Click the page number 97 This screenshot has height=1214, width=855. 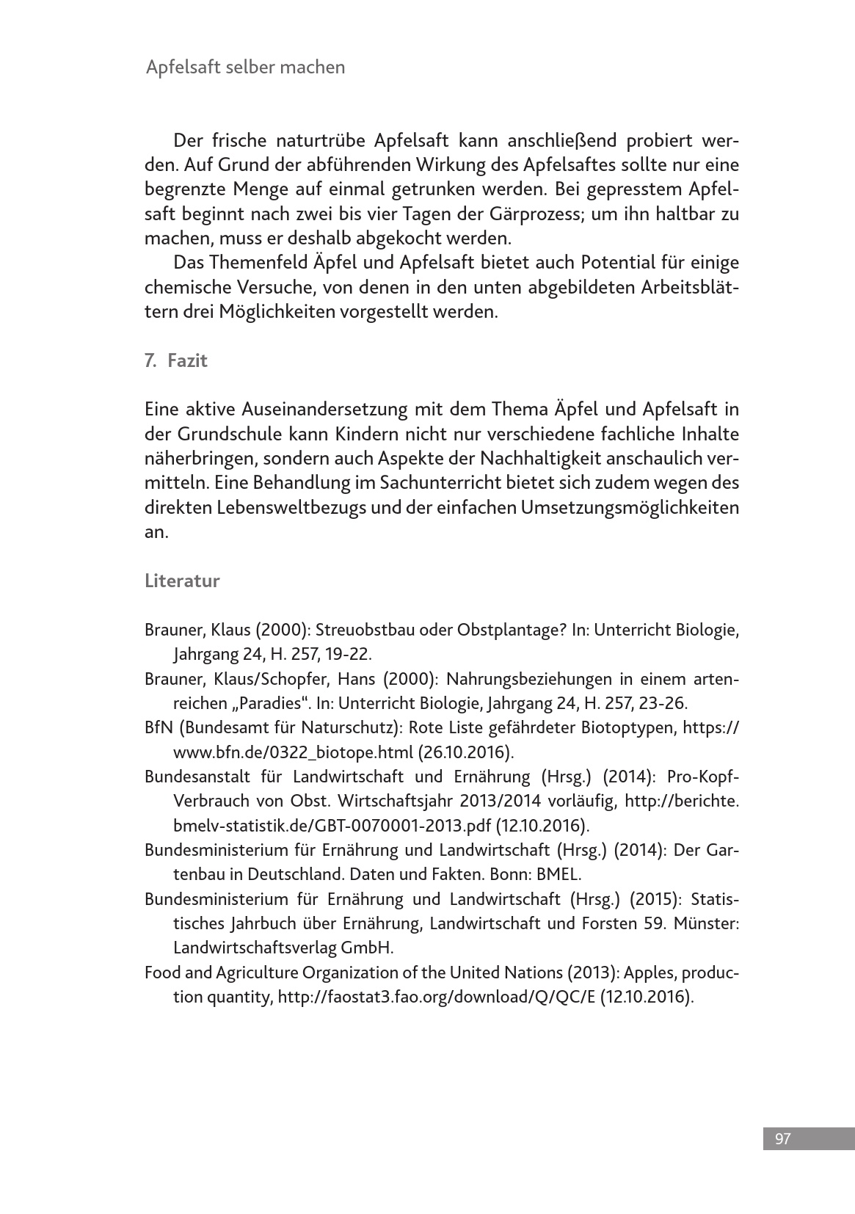(782, 1138)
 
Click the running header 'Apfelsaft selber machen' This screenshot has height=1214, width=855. (245, 68)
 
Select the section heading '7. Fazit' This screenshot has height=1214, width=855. (176, 360)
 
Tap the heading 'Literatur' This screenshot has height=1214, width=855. (182, 581)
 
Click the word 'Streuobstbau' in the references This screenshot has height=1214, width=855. (366, 630)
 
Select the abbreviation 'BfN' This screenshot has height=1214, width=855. (159, 727)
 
